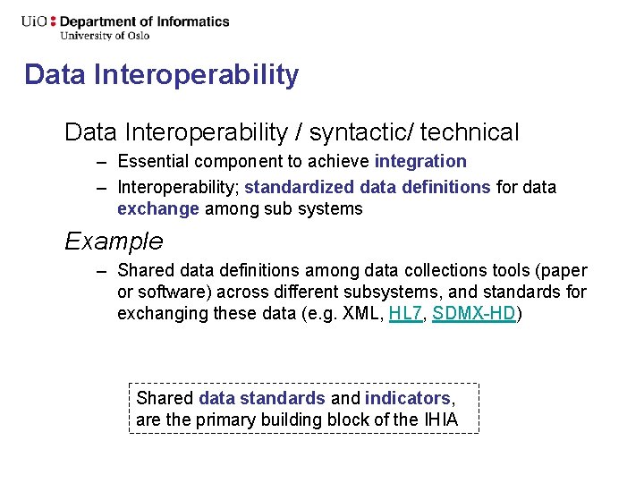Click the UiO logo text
[x=36, y=21]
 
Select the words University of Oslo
[x=105, y=36]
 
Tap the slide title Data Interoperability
[x=161, y=74]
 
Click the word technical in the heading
[x=470, y=133]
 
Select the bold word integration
[x=420, y=162]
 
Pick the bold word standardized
[x=300, y=188]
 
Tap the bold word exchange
[x=158, y=209]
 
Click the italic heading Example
[x=114, y=241]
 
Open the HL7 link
[x=405, y=314]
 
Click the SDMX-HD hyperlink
[x=473, y=314]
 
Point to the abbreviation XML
[x=364, y=314]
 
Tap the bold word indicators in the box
[x=408, y=398]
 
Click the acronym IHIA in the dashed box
[x=439, y=419]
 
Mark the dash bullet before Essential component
[x=104, y=162]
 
